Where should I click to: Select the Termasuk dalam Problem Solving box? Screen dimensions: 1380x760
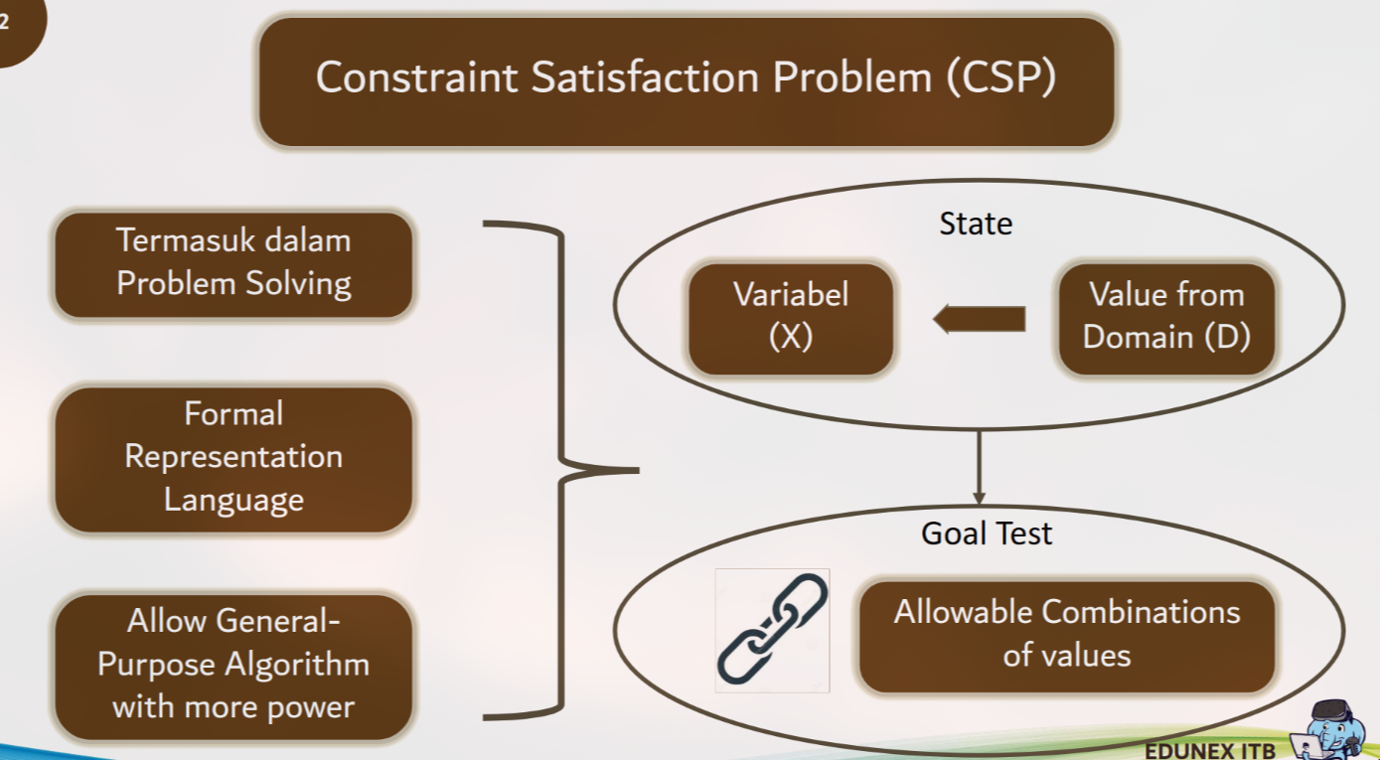click(233, 265)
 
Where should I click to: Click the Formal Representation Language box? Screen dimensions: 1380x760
click(233, 459)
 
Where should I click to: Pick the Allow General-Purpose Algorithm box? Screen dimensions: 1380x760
click(233, 667)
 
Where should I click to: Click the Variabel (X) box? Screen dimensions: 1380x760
click(791, 319)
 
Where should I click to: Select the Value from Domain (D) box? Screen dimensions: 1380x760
click(1166, 319)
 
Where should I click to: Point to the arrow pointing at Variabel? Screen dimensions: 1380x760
click(980, 319)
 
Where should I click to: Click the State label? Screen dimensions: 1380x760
click(976, 223)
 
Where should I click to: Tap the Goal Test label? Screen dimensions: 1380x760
click(987, 532)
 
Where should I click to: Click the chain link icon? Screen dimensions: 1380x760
click(773, 630)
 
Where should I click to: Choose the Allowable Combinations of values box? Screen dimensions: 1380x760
click(1066, 636)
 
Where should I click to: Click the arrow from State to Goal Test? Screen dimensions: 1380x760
click(979, 468)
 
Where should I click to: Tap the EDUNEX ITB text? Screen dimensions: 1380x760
click(1210, 751)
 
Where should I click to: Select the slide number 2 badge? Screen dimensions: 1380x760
click(16, 26)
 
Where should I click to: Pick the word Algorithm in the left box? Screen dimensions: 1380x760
click(297, 666)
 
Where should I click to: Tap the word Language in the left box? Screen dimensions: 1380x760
click(233, 500)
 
